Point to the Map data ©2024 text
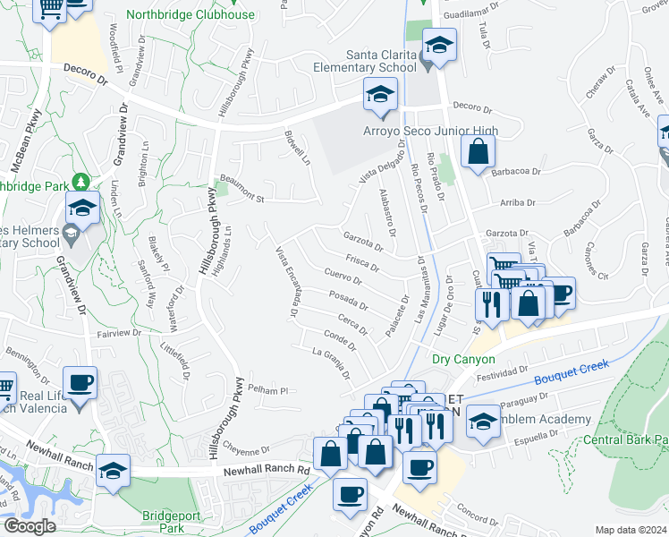pyautogui.click(x=631, y=530)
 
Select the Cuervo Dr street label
pyautogui.click(x=343, y=276)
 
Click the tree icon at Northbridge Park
pyautogui.click(x=82, y=183)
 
